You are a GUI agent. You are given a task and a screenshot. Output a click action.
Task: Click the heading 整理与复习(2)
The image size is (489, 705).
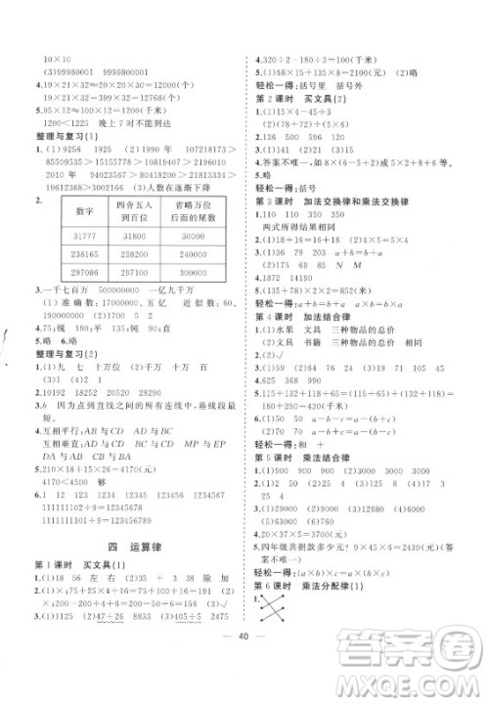coord(53,352)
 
